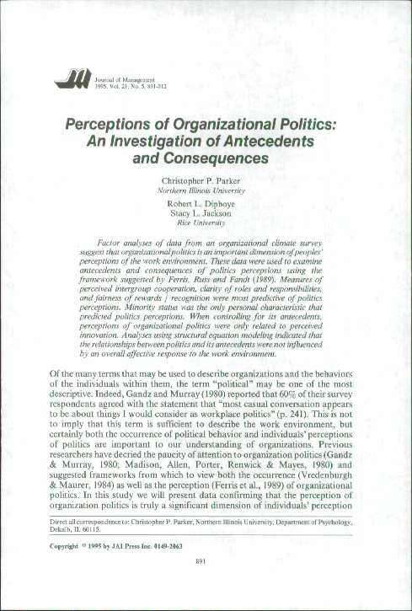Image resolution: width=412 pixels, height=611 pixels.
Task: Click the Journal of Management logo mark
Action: (x=67, y=80)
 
